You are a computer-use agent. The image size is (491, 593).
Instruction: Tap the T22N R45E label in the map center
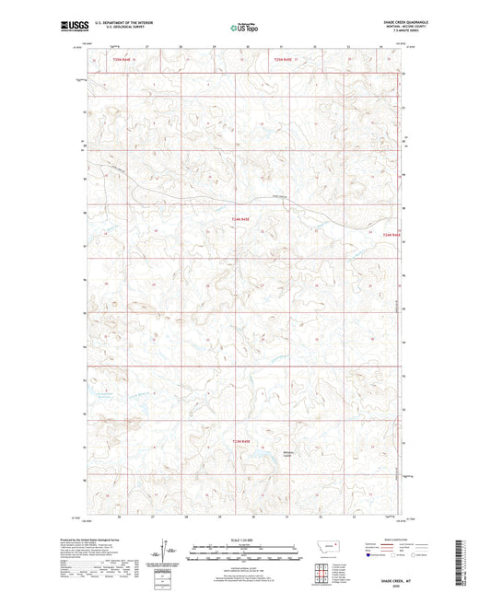pyautogui.click(x=240, y=218)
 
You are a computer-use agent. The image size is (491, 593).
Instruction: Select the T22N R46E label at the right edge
pyautogui.click(x=392, y=236)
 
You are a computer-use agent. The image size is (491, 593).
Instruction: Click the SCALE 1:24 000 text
pyautogui.click(x=244, y=539)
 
